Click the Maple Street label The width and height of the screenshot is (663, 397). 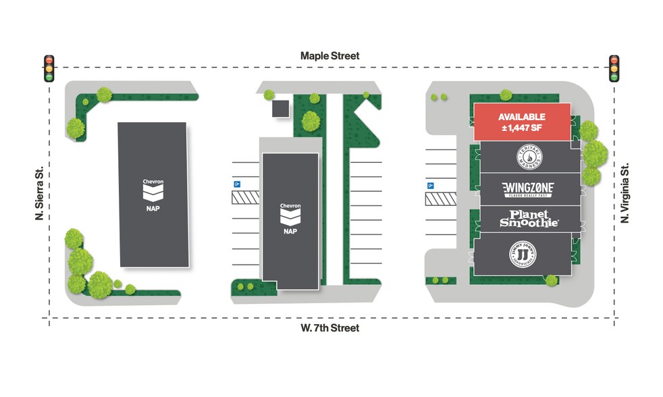click(x=330, y=56)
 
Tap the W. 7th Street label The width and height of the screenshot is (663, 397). click(x=330, y=328)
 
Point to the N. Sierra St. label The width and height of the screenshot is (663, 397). click(x=40, y=194)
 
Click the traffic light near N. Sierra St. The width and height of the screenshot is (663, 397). click(x=49, y=68)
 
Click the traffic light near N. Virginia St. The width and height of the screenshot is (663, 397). click(x=614, y=68)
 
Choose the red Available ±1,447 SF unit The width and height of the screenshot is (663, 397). click(x=522, y=122)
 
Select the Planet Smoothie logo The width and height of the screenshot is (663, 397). click(x=529, y=219)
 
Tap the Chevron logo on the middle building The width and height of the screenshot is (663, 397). click(x=290, y=215)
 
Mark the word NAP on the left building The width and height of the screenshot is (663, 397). click(x=153, y=209)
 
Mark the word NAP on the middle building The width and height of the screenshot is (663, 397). click(x=290, y=231)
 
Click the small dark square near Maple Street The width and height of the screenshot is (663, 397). click(x=280, y=109)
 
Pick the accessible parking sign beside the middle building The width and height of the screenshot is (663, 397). click(x=237, y=183)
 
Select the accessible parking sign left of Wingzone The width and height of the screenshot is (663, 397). click(x=429, y=185)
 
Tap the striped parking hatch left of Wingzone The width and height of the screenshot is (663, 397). click(x=440, y=198)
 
